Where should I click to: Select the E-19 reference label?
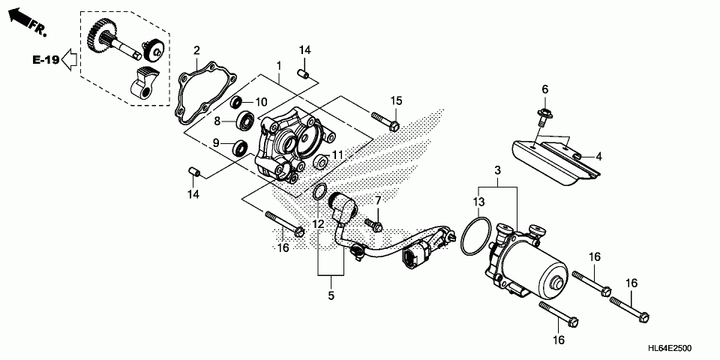(x=46, y=59)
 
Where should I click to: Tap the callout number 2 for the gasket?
(x=196, y=50)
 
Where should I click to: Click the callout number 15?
(x=396, y=100)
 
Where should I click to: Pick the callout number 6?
(x=545, y=89)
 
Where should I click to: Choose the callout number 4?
(x=599, y=157)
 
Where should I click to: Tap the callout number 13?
(x=479, y=202)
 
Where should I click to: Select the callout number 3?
(x=496, y=172)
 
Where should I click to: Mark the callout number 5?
(x=331, y=296)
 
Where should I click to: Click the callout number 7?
(x=379, y=200)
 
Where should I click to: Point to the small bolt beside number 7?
(x=373, y=224)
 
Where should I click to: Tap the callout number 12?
(x=319, y=223)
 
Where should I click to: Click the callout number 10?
(x=262, y=102)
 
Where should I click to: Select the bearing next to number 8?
(x=245, y=120)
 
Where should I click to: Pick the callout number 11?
(x=337, y=154)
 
